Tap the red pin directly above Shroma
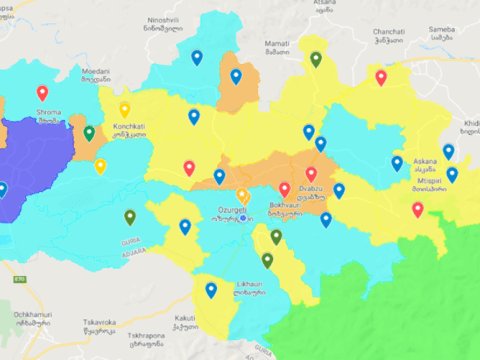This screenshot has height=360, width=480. (42, 93)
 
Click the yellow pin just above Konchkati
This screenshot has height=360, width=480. (125, 109)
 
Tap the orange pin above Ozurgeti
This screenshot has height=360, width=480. (242, 194)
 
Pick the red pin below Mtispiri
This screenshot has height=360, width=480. (418, 209)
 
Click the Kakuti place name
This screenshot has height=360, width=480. (186, 319)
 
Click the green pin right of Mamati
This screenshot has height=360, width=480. (316, 59)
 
